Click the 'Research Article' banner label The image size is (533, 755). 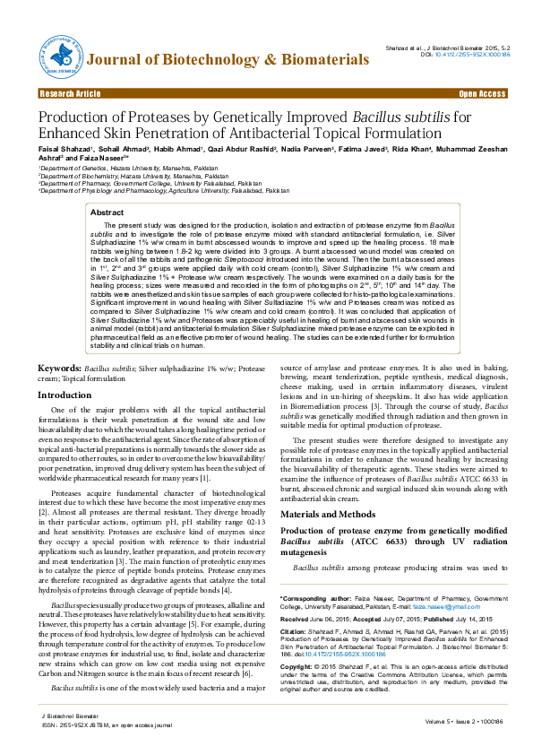(70, 93)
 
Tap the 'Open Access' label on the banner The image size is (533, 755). (483, 93)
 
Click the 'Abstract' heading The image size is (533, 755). (107, 212)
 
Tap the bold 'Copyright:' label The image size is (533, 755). (297, 668)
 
